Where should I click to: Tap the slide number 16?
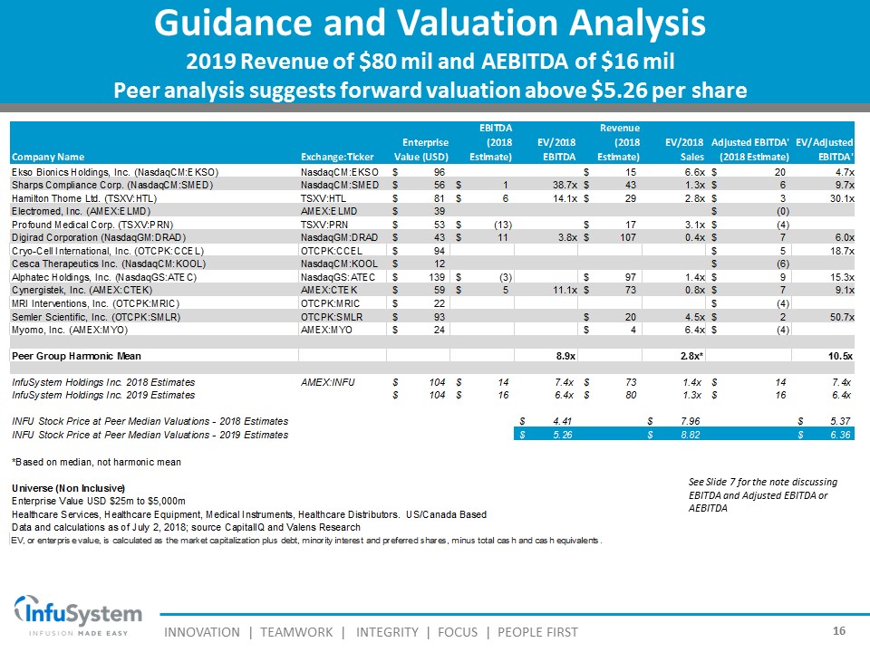(838, 630)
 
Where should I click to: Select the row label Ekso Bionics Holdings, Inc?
(114, 171)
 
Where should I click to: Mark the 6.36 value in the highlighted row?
(837, 435)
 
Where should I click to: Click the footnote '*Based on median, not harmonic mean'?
(95, 462)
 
